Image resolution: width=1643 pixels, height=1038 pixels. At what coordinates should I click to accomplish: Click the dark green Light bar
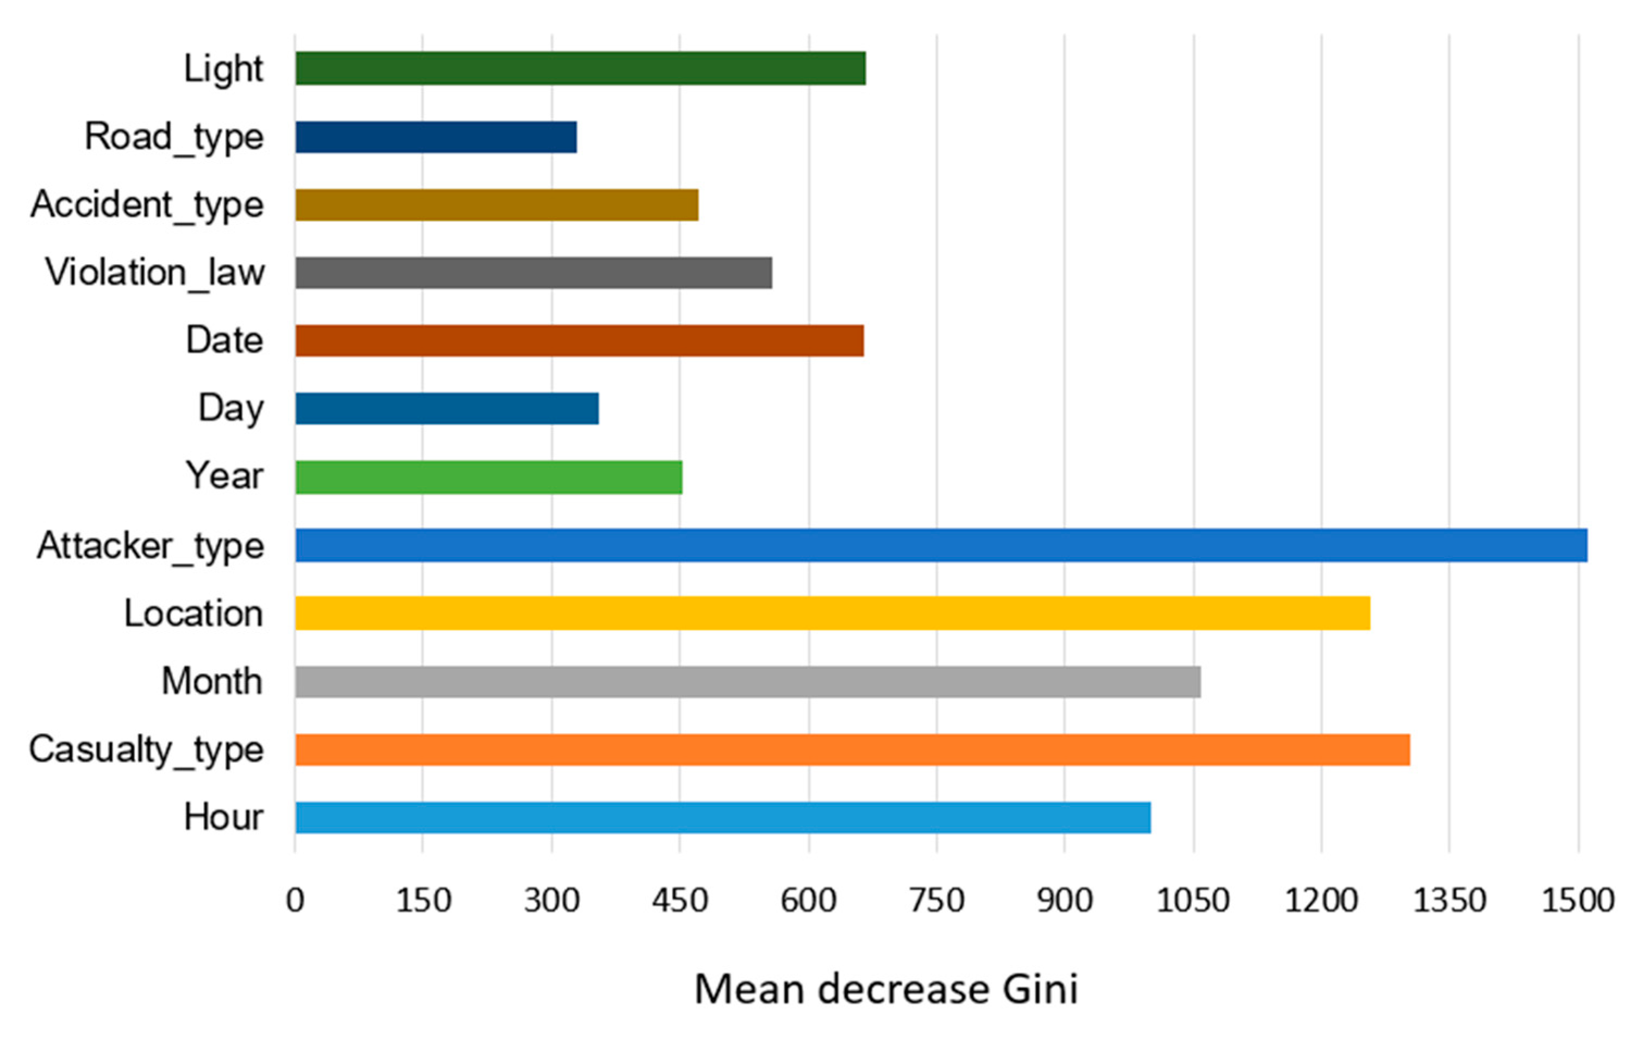click(580, 68)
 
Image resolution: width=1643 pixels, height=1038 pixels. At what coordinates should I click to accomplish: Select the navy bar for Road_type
click(436, 137)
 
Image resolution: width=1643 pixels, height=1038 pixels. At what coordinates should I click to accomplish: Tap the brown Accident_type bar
click(497, 205)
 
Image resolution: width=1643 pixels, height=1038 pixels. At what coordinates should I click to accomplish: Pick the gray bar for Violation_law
click(534, 273)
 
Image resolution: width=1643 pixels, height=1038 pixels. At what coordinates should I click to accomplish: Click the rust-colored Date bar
click(579, 341)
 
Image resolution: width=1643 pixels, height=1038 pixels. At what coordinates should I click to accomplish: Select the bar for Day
click(447, 408)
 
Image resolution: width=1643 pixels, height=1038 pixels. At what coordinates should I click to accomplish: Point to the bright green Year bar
click(489, 477)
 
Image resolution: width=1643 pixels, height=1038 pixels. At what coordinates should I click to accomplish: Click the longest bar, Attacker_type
click(941, 545)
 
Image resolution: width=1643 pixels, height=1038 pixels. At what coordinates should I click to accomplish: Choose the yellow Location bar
click(833, 613)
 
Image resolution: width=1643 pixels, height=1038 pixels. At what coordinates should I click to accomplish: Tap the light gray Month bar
click(748, 681)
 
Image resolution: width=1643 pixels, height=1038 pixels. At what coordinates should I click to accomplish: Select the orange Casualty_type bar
click(852, 749)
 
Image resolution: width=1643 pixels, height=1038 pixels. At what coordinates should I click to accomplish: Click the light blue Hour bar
click(722, 817)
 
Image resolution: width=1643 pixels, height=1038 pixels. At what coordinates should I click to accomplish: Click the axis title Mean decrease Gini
click(886, 990)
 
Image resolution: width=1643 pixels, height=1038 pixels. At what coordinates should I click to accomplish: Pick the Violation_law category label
click(155, 273)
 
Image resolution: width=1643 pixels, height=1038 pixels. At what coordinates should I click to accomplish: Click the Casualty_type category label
click(146, 750)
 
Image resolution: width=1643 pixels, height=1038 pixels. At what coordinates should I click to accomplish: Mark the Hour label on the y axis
click(223, 817)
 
